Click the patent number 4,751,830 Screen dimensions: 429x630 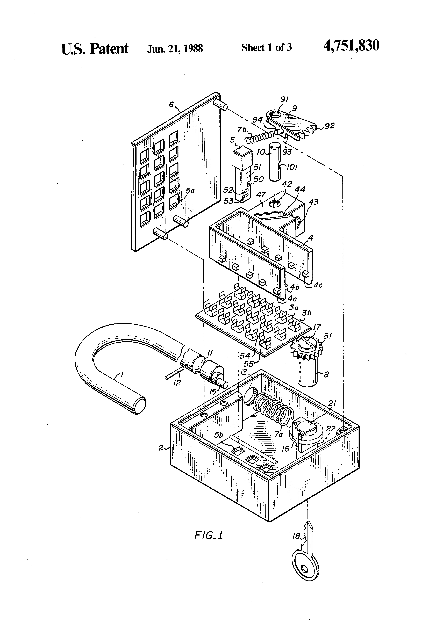click(x=351, y=46)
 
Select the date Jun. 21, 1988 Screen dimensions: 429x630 click(x=175, y=48)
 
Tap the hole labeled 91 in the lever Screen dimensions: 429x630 click(x=276, y=115)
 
